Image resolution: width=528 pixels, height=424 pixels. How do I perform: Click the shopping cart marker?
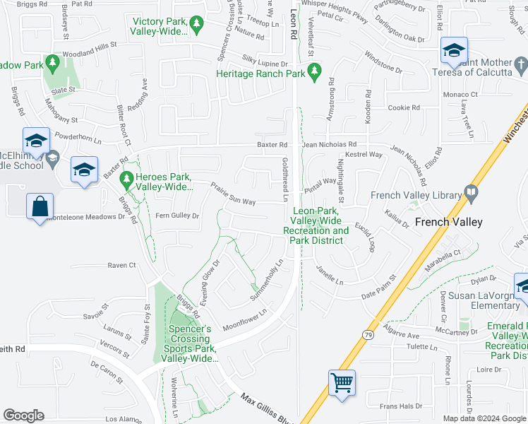(342, 384)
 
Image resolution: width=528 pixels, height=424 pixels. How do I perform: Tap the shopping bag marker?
(40, 208)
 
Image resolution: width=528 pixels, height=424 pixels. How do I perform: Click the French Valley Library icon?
(472, 192)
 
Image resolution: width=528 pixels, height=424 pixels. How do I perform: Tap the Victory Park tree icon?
(198, 25)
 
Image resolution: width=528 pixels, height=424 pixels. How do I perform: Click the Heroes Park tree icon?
(127, 179)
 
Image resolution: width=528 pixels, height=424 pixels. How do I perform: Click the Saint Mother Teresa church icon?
(521, 65)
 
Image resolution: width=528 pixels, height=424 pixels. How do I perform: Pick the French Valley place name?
(448, 222)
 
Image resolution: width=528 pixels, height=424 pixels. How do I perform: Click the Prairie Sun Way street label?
(233, 192)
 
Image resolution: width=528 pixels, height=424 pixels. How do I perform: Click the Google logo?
(23, 416)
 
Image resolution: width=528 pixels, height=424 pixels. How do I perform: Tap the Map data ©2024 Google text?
(484, 418)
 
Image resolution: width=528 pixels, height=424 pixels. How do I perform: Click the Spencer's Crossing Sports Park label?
(190, 344)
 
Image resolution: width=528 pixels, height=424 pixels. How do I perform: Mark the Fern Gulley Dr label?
(177, 216)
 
